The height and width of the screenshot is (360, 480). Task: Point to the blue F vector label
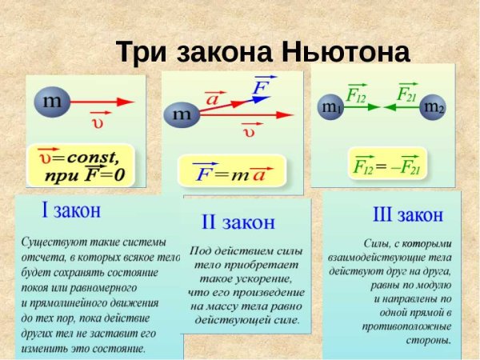tap(260, 86)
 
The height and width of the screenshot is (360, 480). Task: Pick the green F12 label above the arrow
tap(357, 94)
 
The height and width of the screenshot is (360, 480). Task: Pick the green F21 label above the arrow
tap(406, 94)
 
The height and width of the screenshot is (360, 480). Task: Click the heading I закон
tap(70, 210)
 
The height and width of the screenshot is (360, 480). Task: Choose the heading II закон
tap(237, 222)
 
